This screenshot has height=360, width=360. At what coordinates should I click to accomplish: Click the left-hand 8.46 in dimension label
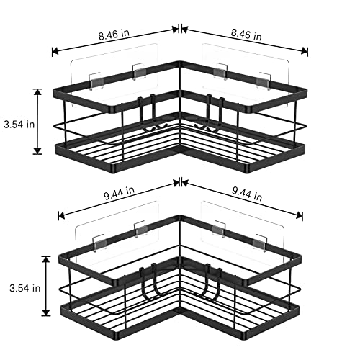(114, 35)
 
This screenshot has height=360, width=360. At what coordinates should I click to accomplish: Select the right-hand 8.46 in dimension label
(246, 35)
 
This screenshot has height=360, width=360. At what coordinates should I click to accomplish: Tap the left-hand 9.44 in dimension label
(119, 193)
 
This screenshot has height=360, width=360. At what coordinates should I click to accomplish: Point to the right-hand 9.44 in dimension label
(247, 194)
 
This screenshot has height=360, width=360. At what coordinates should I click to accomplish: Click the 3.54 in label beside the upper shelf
(19, 125)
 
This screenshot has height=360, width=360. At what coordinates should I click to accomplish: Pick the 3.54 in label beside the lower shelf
(25, 288)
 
